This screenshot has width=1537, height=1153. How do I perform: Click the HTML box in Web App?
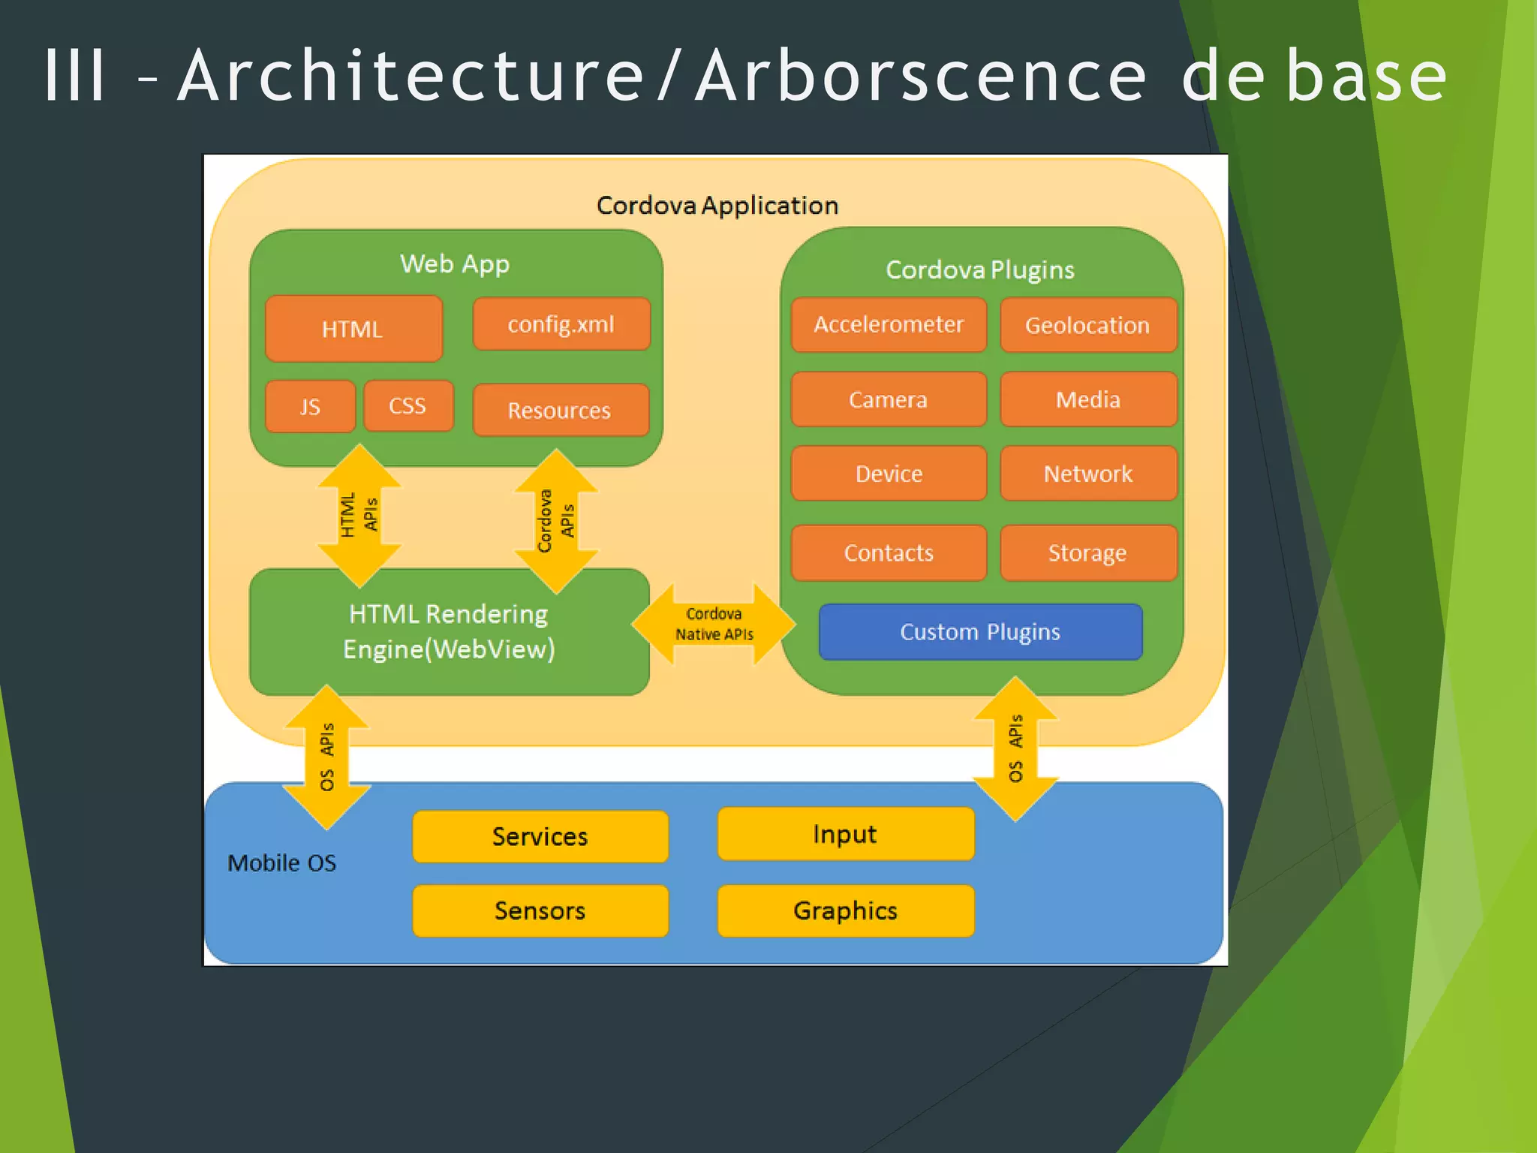point(353,329)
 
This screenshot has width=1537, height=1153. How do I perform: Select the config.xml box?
point(561,324)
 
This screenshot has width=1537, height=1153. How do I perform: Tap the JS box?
point(310,406)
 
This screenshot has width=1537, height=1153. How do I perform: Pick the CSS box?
point(408,406)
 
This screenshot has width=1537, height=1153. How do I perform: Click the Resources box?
point(560,410)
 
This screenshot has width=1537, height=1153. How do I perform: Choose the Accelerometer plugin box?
point(889,324)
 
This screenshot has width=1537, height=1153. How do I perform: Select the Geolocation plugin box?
point(1087,325)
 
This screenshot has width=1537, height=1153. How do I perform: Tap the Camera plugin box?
point(889,399)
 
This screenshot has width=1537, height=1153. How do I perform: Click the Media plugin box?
point(1087,399)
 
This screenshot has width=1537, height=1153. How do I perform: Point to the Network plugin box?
point(1087,474)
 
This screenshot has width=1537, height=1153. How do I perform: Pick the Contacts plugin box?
point(889,552)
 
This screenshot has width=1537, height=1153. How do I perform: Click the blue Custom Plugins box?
point(980,632)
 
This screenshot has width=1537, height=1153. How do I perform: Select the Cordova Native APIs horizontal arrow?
point(714,624)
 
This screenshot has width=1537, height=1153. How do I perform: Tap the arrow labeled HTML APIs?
point(359,516)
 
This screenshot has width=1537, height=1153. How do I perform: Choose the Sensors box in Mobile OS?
point(540,911)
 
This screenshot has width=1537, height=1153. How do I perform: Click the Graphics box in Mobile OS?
point(845,911)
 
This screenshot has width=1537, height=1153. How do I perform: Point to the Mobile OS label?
point(282,863)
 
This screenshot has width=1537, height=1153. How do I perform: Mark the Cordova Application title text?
point(717,205)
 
